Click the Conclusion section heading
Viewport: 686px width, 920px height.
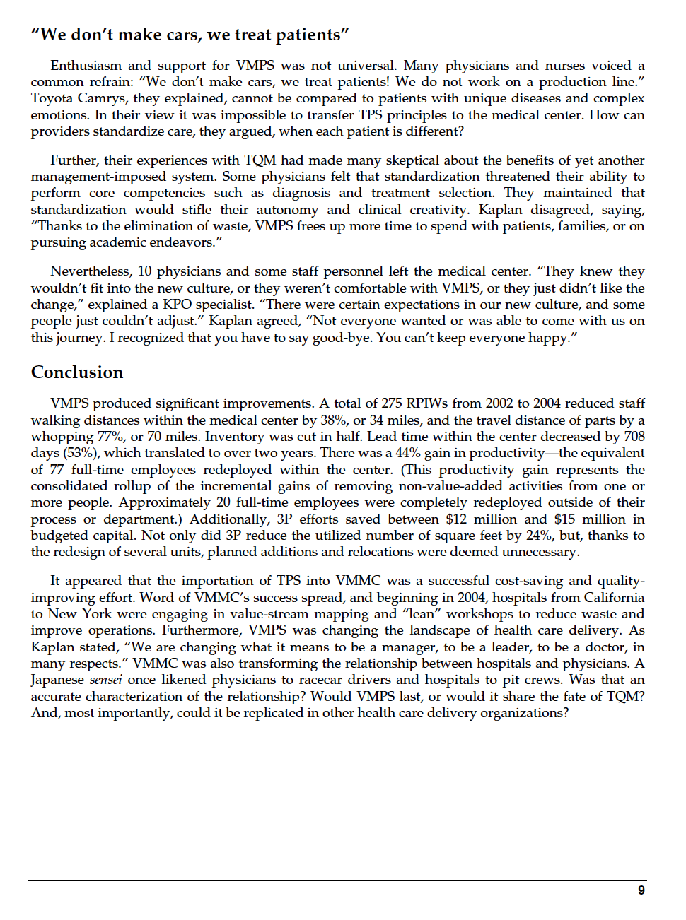point(77,372)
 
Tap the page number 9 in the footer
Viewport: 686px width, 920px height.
point(641,890)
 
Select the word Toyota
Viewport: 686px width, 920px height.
point(52,98)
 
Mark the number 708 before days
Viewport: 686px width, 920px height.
point(634,437)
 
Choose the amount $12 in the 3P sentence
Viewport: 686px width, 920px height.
point(457,519)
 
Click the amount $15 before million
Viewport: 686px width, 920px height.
point(564,519)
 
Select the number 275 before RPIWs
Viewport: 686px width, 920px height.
point(392,403)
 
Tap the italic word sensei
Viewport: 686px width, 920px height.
point(105,680)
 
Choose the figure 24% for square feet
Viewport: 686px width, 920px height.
point(539,536)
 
